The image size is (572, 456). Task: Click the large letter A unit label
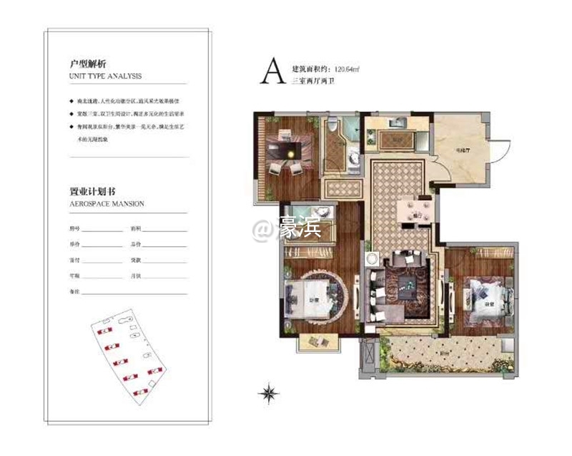click(x=271, y=72)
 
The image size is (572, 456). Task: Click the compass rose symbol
click(x=270, y=392)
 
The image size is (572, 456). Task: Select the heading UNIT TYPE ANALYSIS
click(x=106, y=75)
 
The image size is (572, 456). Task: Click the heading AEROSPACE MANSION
click(x=107, y=204)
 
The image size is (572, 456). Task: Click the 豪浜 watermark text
click(x=301, y=230)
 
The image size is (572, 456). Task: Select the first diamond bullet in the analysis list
click(x=71, y=102)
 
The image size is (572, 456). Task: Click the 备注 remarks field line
click(x=136, y=292)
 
